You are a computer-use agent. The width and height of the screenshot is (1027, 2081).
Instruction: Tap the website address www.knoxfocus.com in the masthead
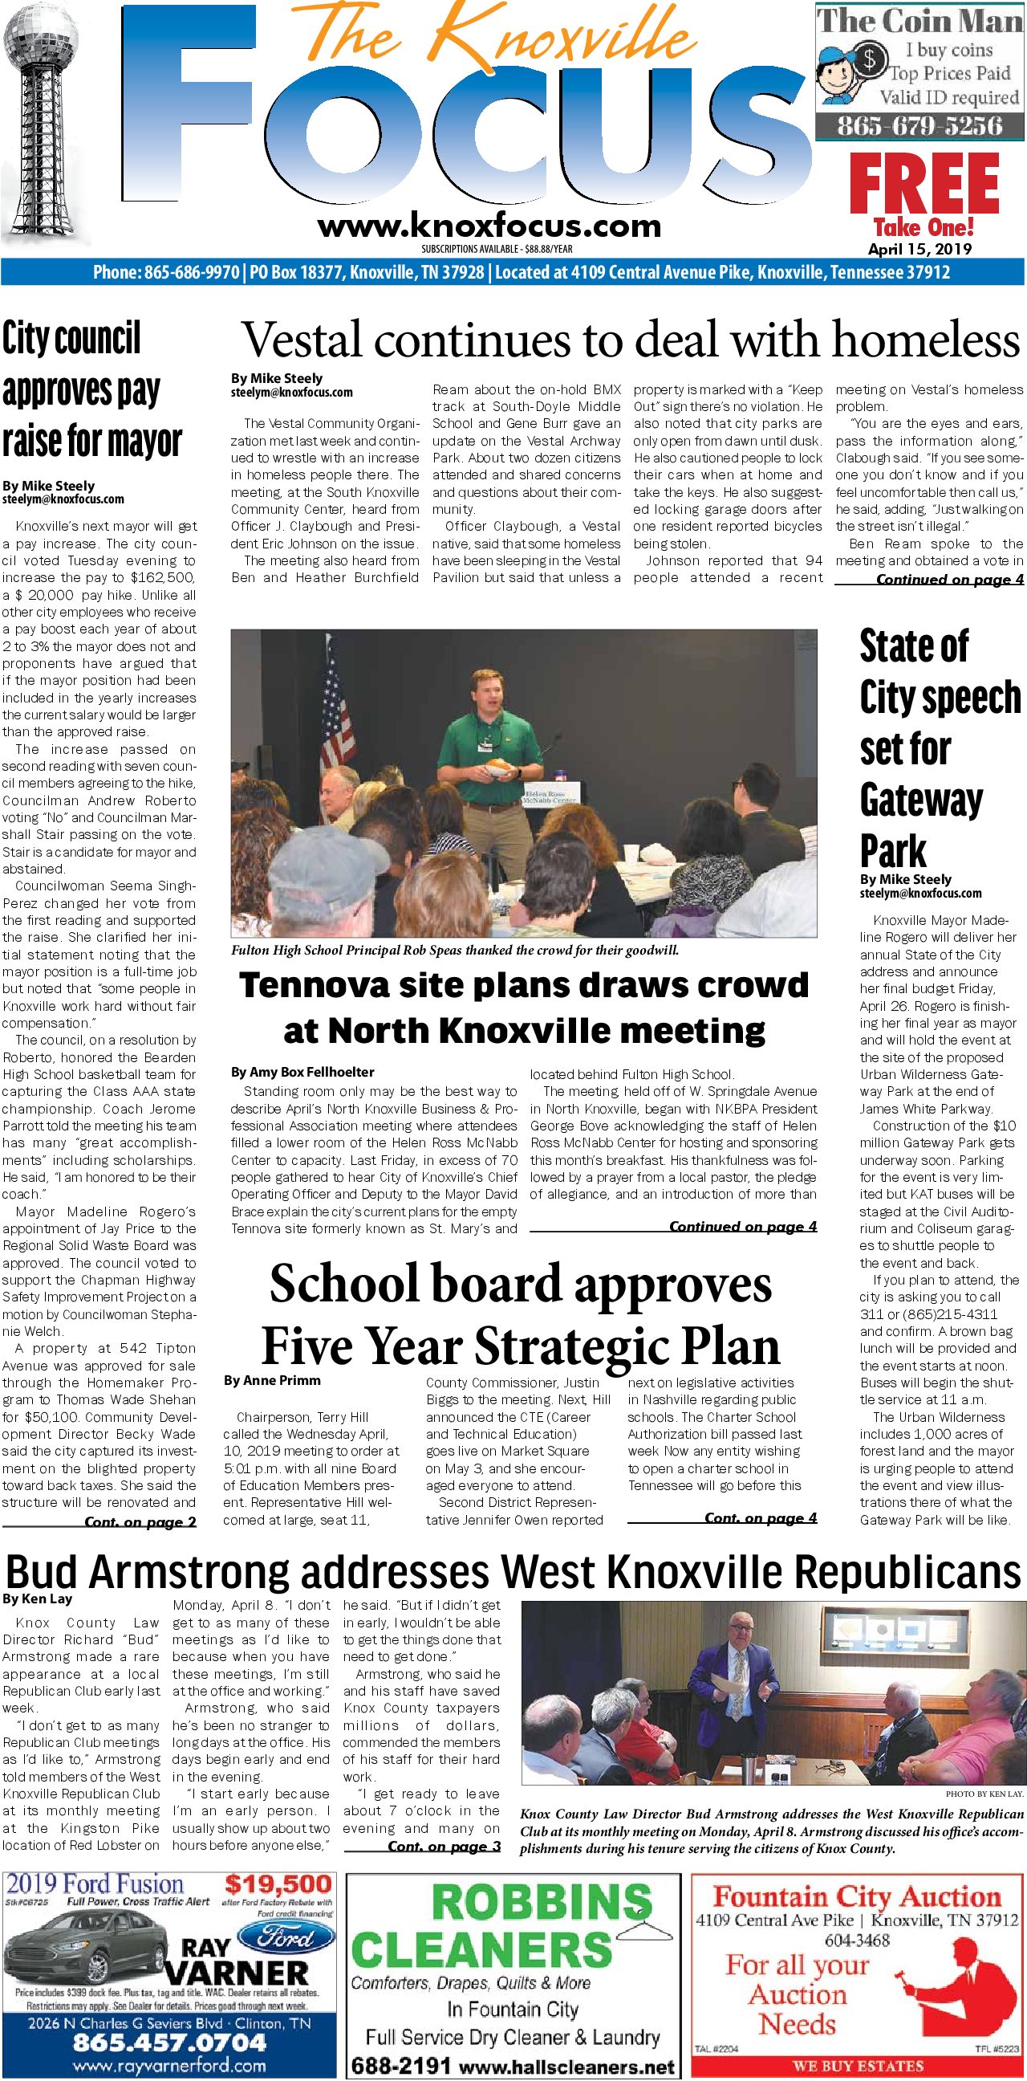489,226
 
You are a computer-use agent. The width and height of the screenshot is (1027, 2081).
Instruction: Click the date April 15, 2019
919,250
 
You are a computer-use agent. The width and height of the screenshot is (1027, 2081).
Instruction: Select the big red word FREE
923,183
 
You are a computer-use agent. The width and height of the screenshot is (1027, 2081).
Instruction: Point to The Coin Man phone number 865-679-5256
919,126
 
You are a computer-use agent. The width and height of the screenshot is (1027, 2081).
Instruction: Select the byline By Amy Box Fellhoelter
302,1072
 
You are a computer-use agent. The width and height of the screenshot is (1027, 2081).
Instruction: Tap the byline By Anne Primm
272,1381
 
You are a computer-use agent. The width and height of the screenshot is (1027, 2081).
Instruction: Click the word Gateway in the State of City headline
920,800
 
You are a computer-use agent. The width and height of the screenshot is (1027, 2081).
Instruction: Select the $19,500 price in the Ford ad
278,1885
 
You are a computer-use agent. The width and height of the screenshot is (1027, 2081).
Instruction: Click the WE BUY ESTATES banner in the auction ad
857,2066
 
